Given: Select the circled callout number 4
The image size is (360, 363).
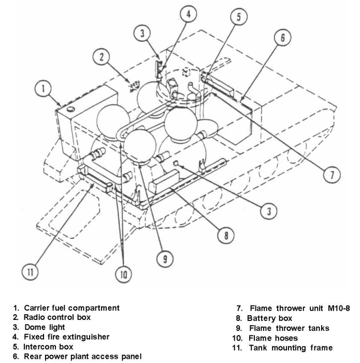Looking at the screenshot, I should click(x=189, y=14).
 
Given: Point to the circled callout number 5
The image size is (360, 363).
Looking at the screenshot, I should click(x=238, y=17).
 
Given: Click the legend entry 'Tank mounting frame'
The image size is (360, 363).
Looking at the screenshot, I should click(x=291, y=347).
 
